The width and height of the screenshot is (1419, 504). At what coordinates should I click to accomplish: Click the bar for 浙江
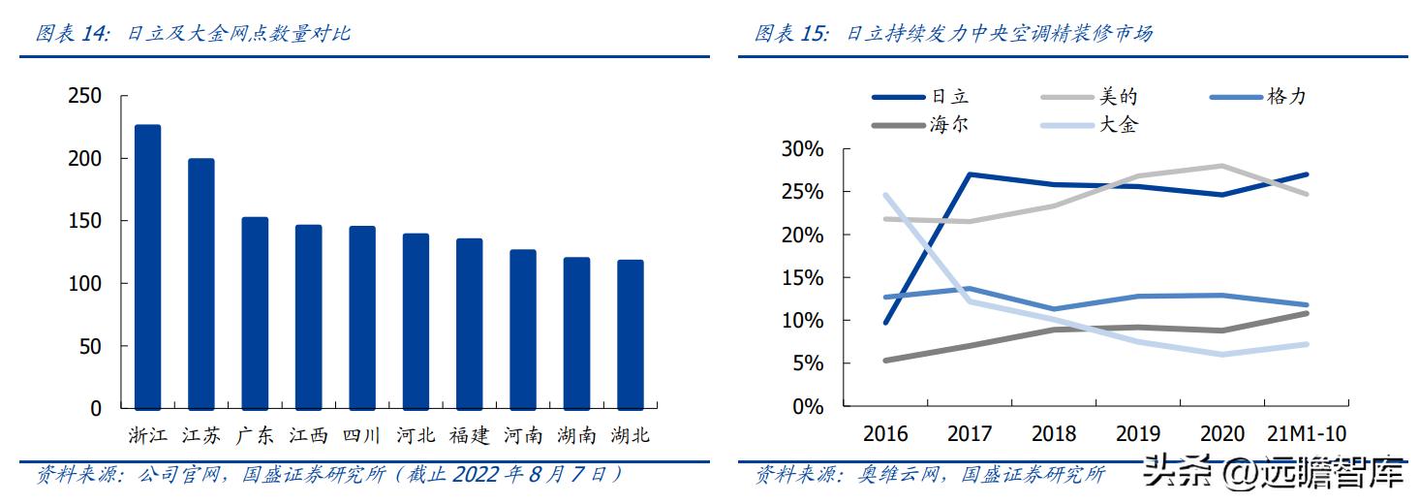pos(147,268)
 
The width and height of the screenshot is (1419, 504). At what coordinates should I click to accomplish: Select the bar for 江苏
pos(201,284)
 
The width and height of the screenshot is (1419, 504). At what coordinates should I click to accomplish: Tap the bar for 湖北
pos(630,334)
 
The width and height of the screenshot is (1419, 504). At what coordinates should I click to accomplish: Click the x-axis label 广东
pos(255,435)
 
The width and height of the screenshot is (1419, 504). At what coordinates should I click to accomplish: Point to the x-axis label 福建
pos(470,435)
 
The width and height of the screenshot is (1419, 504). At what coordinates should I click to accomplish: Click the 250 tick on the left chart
pos(84,96)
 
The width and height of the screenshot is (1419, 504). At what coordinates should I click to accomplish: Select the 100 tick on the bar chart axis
pos(84,284)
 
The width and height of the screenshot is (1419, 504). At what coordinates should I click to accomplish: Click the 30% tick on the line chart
pos(803,149)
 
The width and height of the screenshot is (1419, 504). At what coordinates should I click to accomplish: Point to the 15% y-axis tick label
pos(803,278)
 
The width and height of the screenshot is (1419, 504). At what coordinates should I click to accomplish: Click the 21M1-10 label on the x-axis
pos(1307,433)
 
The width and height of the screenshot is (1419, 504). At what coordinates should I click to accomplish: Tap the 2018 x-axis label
pos(1054,433)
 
